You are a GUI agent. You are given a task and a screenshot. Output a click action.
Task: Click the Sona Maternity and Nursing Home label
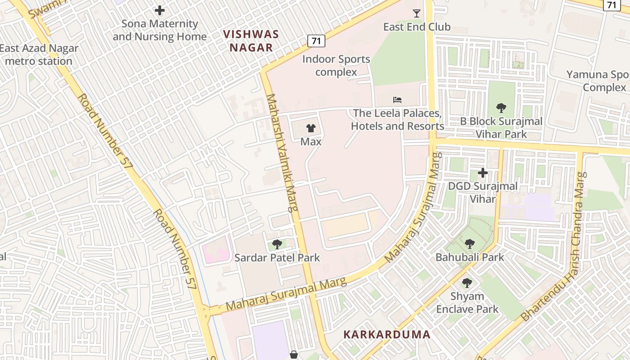click(x=159, y=30)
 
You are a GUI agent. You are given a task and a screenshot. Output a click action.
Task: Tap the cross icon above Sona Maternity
click(x=159, y=10)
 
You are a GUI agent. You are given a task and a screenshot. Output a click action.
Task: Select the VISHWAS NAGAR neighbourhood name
click(x=251, y=41)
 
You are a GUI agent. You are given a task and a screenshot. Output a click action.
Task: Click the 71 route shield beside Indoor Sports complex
click(x=316, y=41)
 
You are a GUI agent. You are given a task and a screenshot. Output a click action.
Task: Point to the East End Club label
click(x=417, y=27)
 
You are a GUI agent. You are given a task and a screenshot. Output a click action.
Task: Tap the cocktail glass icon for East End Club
click(x=417, y=13)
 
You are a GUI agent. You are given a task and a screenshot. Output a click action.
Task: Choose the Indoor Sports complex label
click(x=336, y=66)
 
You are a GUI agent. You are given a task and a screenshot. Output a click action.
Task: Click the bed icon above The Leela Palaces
click(x=397, y=100)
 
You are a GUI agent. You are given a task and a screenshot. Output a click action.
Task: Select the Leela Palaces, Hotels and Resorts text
click(x=397, y=120)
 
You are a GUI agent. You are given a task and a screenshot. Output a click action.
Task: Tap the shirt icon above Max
click(x=310, y=128)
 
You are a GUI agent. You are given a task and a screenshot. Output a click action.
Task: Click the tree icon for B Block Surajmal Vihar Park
click(x=501, y=108)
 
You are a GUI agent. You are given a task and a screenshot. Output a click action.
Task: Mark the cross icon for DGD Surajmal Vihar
click(x=483, y=173)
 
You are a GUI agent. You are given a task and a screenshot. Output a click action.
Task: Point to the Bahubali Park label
click(x=470, y=257)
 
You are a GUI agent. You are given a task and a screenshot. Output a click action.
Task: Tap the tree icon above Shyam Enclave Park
click(x=467, y=283)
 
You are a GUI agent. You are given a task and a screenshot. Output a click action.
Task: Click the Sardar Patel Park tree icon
click(x=277, y=244)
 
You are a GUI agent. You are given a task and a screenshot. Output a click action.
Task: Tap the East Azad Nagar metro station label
click(x=39, y=55)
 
